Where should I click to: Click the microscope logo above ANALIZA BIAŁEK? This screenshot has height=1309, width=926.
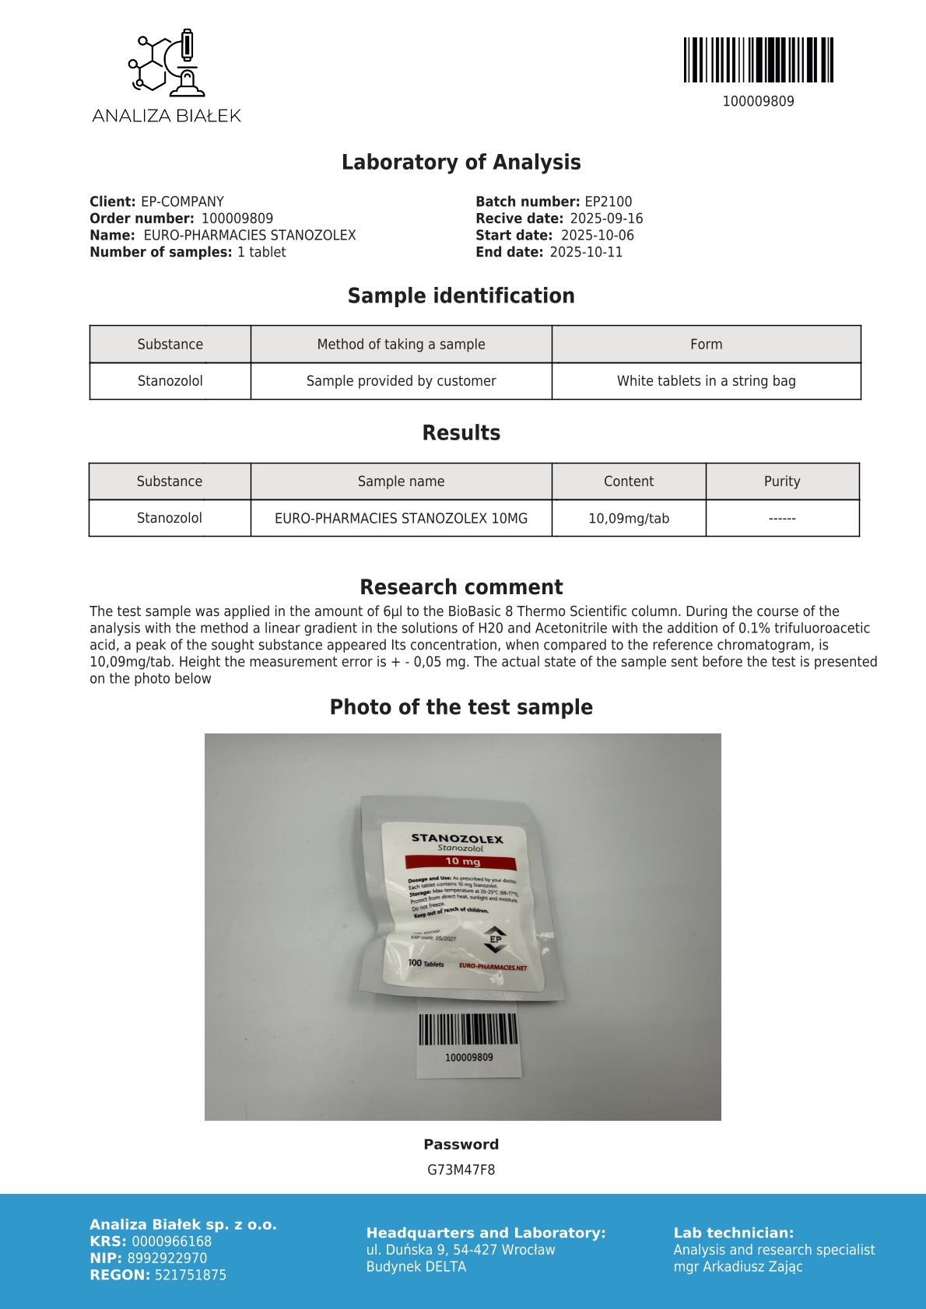(167, 61)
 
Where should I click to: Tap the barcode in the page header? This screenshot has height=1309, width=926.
(758, 60)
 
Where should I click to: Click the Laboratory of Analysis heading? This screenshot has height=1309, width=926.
(461, 162)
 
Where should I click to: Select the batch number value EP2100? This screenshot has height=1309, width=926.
(609, 201)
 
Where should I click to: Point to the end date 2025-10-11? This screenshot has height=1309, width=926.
(586, 252)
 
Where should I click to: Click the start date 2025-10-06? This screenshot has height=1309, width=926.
(597, 235)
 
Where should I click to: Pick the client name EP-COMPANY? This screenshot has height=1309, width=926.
(182, 201)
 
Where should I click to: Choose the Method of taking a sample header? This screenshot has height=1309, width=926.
(401, 344)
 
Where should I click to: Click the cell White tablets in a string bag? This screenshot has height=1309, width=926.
(706, 381)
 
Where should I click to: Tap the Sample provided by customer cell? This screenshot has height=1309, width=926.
(401, 381)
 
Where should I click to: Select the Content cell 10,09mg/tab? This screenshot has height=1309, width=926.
(629, 518)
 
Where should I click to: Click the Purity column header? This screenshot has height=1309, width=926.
(782, 481)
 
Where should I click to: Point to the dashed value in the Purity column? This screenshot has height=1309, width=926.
(782, 518)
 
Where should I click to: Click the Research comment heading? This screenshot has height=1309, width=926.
(461, 587)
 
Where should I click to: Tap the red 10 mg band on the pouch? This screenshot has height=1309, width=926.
(461, 862)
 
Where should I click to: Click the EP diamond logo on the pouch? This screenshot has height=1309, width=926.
(495, 940)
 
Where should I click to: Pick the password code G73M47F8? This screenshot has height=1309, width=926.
(461, 1170)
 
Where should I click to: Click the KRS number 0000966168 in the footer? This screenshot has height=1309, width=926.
(171, 1241)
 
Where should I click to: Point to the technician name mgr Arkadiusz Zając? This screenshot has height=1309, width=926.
(738, 1266)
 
